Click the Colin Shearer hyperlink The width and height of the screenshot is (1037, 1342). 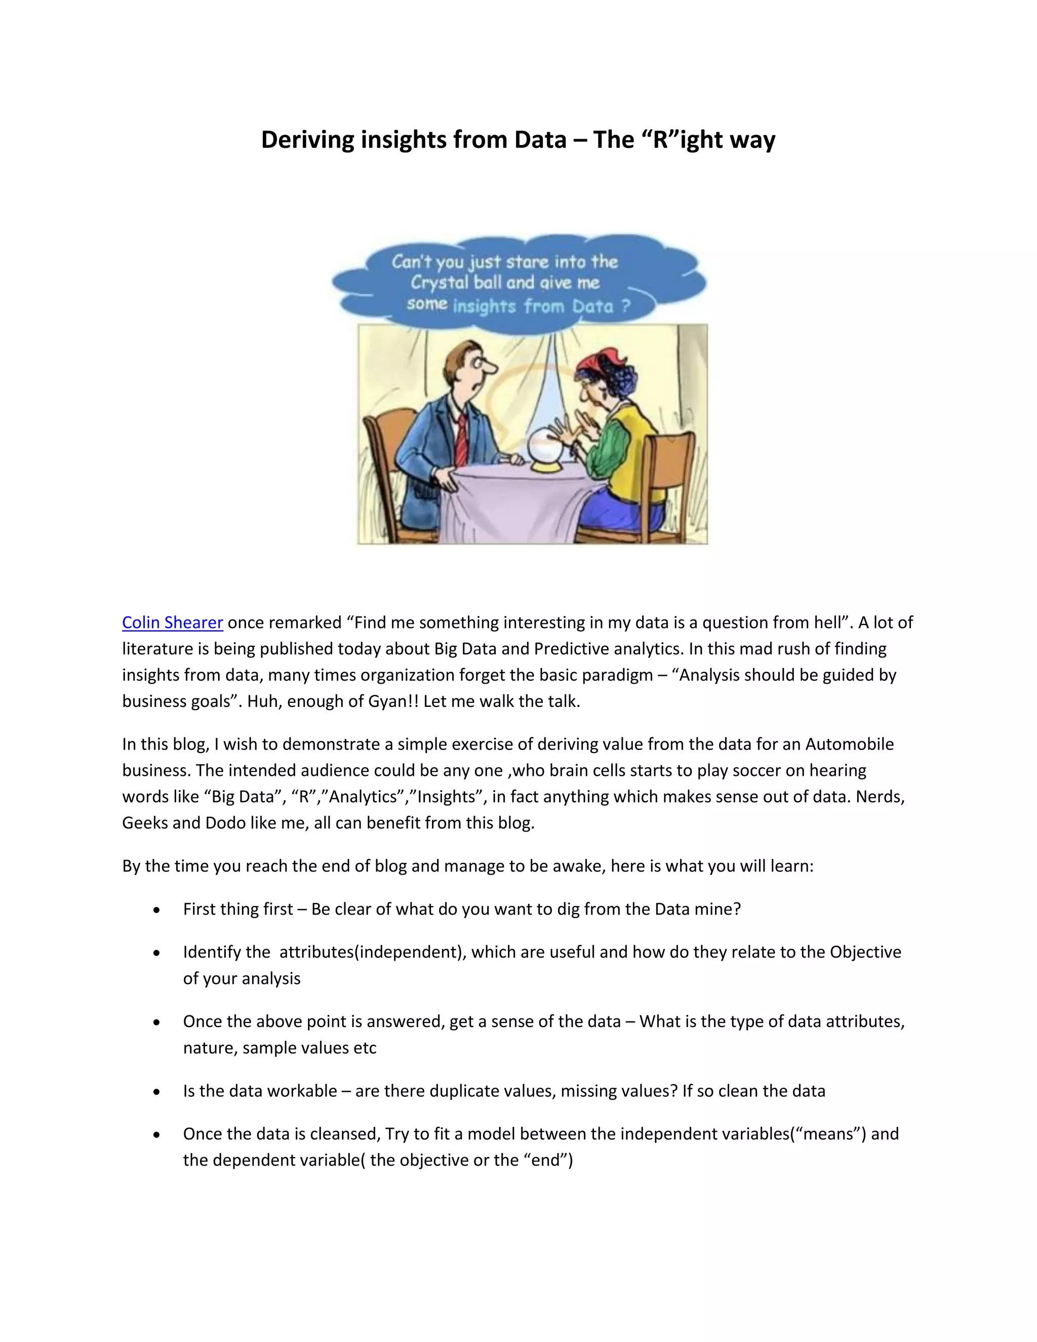pos(172,622)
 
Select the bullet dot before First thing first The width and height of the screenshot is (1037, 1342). pos(157,910)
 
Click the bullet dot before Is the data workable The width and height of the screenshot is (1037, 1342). pos(157,1092)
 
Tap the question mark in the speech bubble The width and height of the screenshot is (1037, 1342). pos(625,305)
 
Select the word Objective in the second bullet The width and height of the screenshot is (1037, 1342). pos(865,952)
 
